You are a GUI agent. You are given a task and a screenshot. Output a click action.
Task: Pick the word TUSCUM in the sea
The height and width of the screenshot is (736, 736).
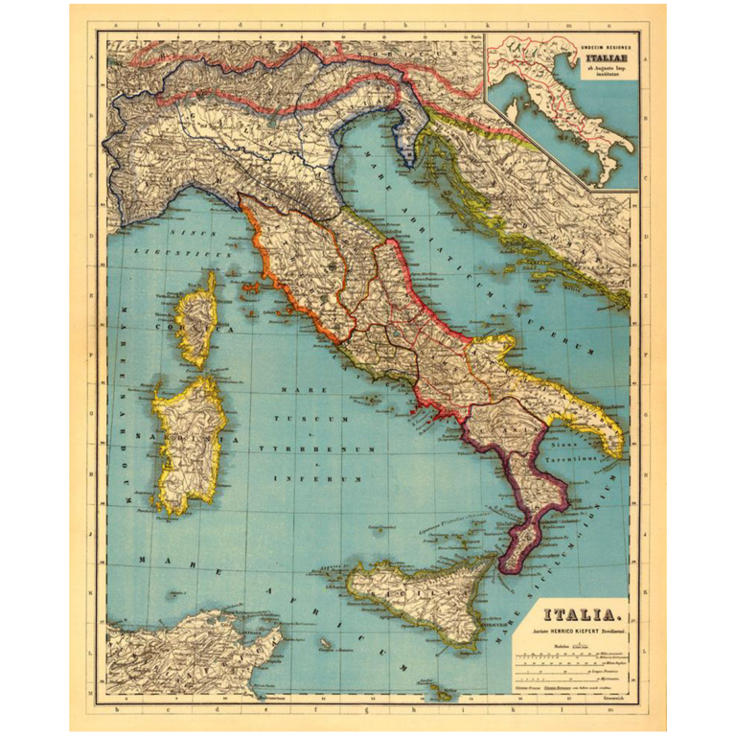(x=307, y=420)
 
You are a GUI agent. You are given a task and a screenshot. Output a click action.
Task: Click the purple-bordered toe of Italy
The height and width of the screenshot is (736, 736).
(x=533, y=522)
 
